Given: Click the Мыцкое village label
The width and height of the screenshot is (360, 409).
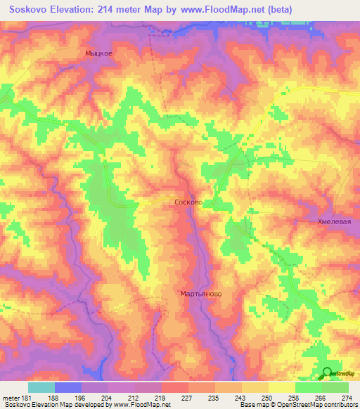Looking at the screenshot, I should tap(98, 53).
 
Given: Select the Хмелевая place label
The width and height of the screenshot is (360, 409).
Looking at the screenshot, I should tap(333, 221).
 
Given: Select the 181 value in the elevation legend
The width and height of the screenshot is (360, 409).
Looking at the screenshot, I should tap(27, 396).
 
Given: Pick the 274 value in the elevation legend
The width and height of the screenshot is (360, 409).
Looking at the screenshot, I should tap(347, 396).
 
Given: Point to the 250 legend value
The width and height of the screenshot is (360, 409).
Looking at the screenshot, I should tap(267, 396).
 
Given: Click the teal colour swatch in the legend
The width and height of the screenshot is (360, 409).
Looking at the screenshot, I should tap(41, 387).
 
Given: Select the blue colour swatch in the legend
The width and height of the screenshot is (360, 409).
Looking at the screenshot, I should tap(68, 387).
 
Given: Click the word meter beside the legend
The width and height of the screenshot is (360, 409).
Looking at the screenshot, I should tap(10, 396).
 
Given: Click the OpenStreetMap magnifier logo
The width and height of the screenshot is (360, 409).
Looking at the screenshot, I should tap(328, 372).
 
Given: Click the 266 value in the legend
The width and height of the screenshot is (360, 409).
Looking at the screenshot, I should tap(320, 396).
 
